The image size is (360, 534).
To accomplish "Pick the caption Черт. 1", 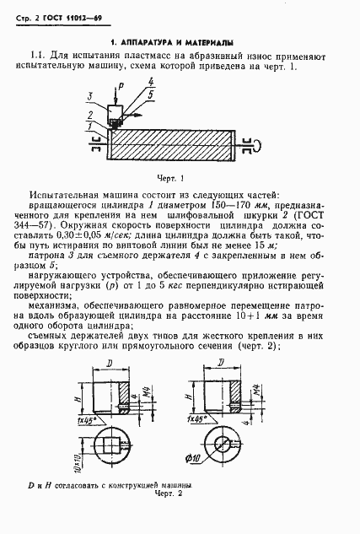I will (170, 178).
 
